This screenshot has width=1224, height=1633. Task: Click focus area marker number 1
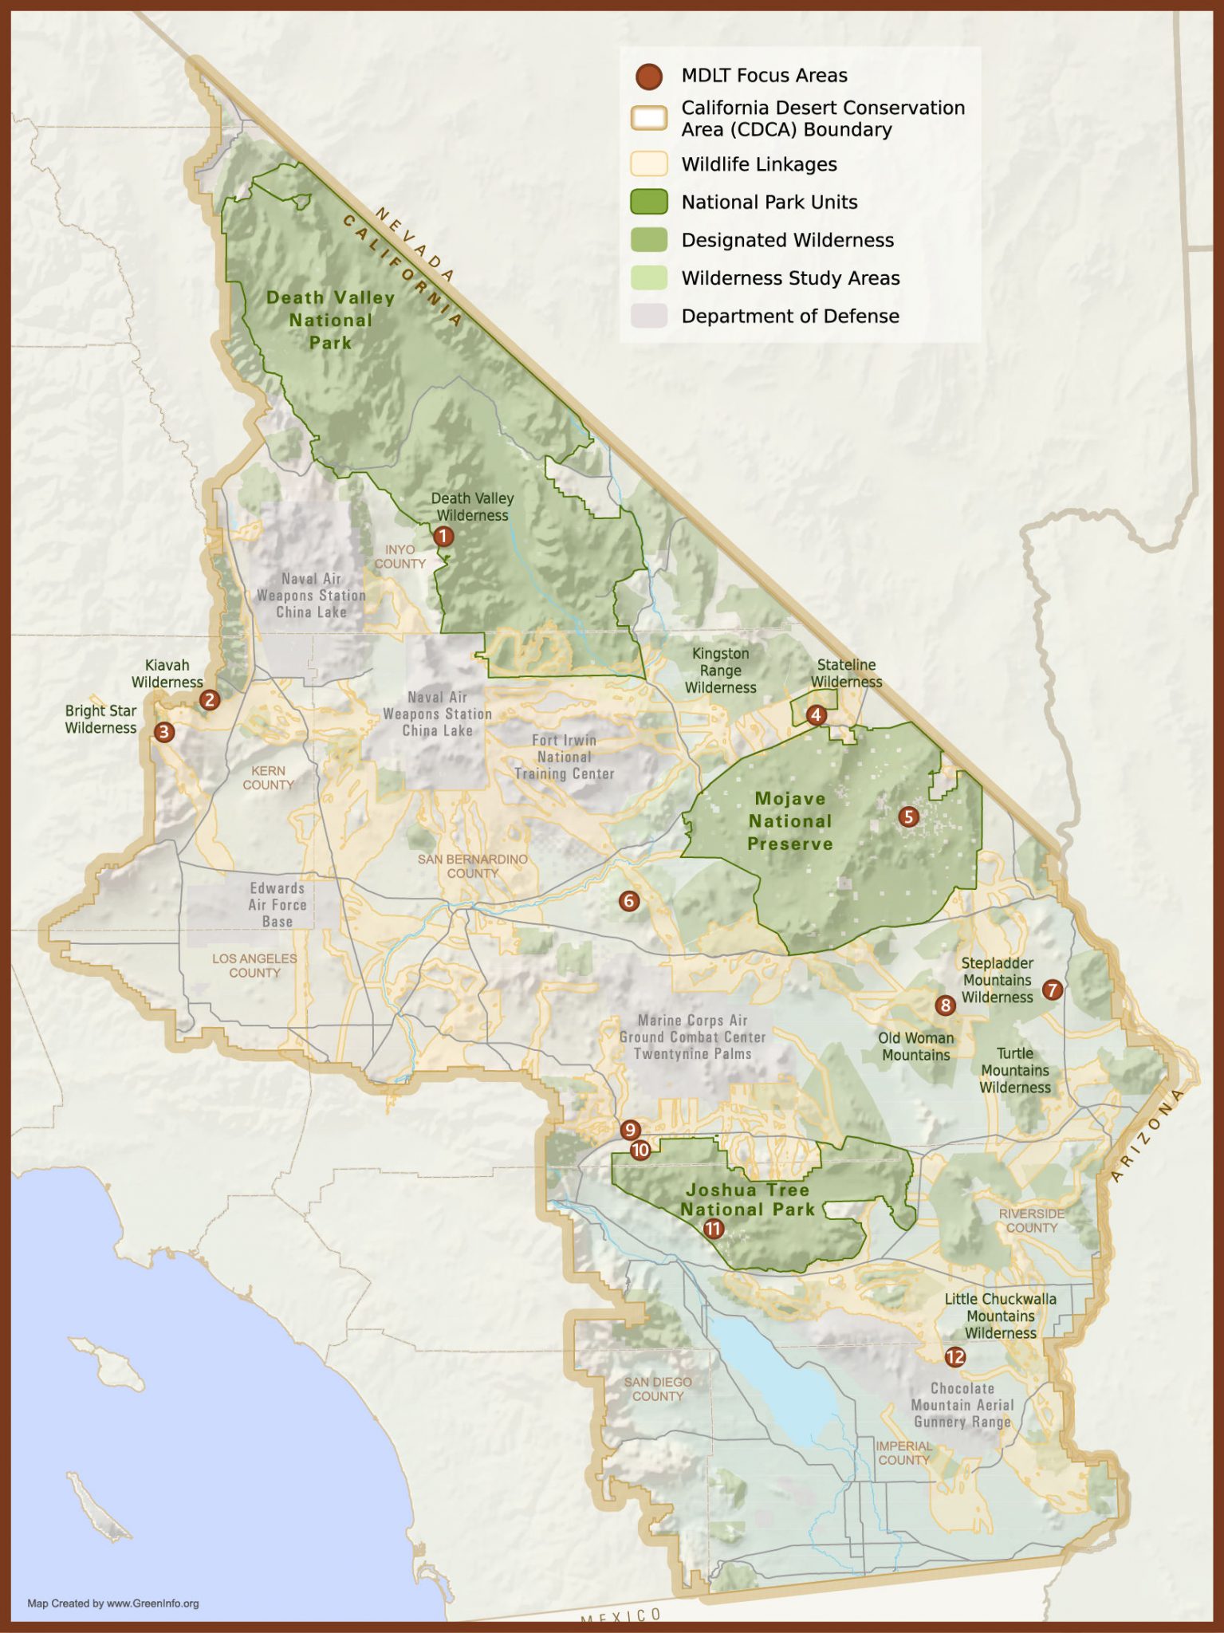[443, 537]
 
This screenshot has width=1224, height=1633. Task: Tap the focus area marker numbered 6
[629, 902]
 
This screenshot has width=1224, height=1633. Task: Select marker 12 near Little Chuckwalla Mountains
[954, 1357]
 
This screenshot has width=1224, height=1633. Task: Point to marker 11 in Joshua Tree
[713, 1229]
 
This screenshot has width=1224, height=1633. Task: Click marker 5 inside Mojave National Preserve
[908, 816]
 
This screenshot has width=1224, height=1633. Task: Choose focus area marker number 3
[164, 732]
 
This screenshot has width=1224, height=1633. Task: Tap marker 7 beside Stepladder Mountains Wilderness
[1053, 990]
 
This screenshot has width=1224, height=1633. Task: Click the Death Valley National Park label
[330, 320]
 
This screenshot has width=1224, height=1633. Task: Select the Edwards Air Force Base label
[277, 905]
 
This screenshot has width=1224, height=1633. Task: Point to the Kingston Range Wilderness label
[720, 671]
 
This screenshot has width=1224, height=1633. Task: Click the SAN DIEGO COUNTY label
[658, 1389]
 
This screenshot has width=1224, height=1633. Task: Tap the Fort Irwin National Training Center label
[564, 757]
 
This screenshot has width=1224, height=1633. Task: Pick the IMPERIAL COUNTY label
[903, 1453]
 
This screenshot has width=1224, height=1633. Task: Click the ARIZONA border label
[1147, 1136]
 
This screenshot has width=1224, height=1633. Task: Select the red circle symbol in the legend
[649, 77]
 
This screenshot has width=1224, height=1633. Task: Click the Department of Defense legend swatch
[648, 316]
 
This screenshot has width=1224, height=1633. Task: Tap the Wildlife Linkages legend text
[758, 164]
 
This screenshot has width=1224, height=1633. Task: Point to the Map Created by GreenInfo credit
[112, 1603]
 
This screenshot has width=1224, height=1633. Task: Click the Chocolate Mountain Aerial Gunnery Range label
[962, 1405]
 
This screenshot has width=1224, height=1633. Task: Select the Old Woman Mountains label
[915, 1046]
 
